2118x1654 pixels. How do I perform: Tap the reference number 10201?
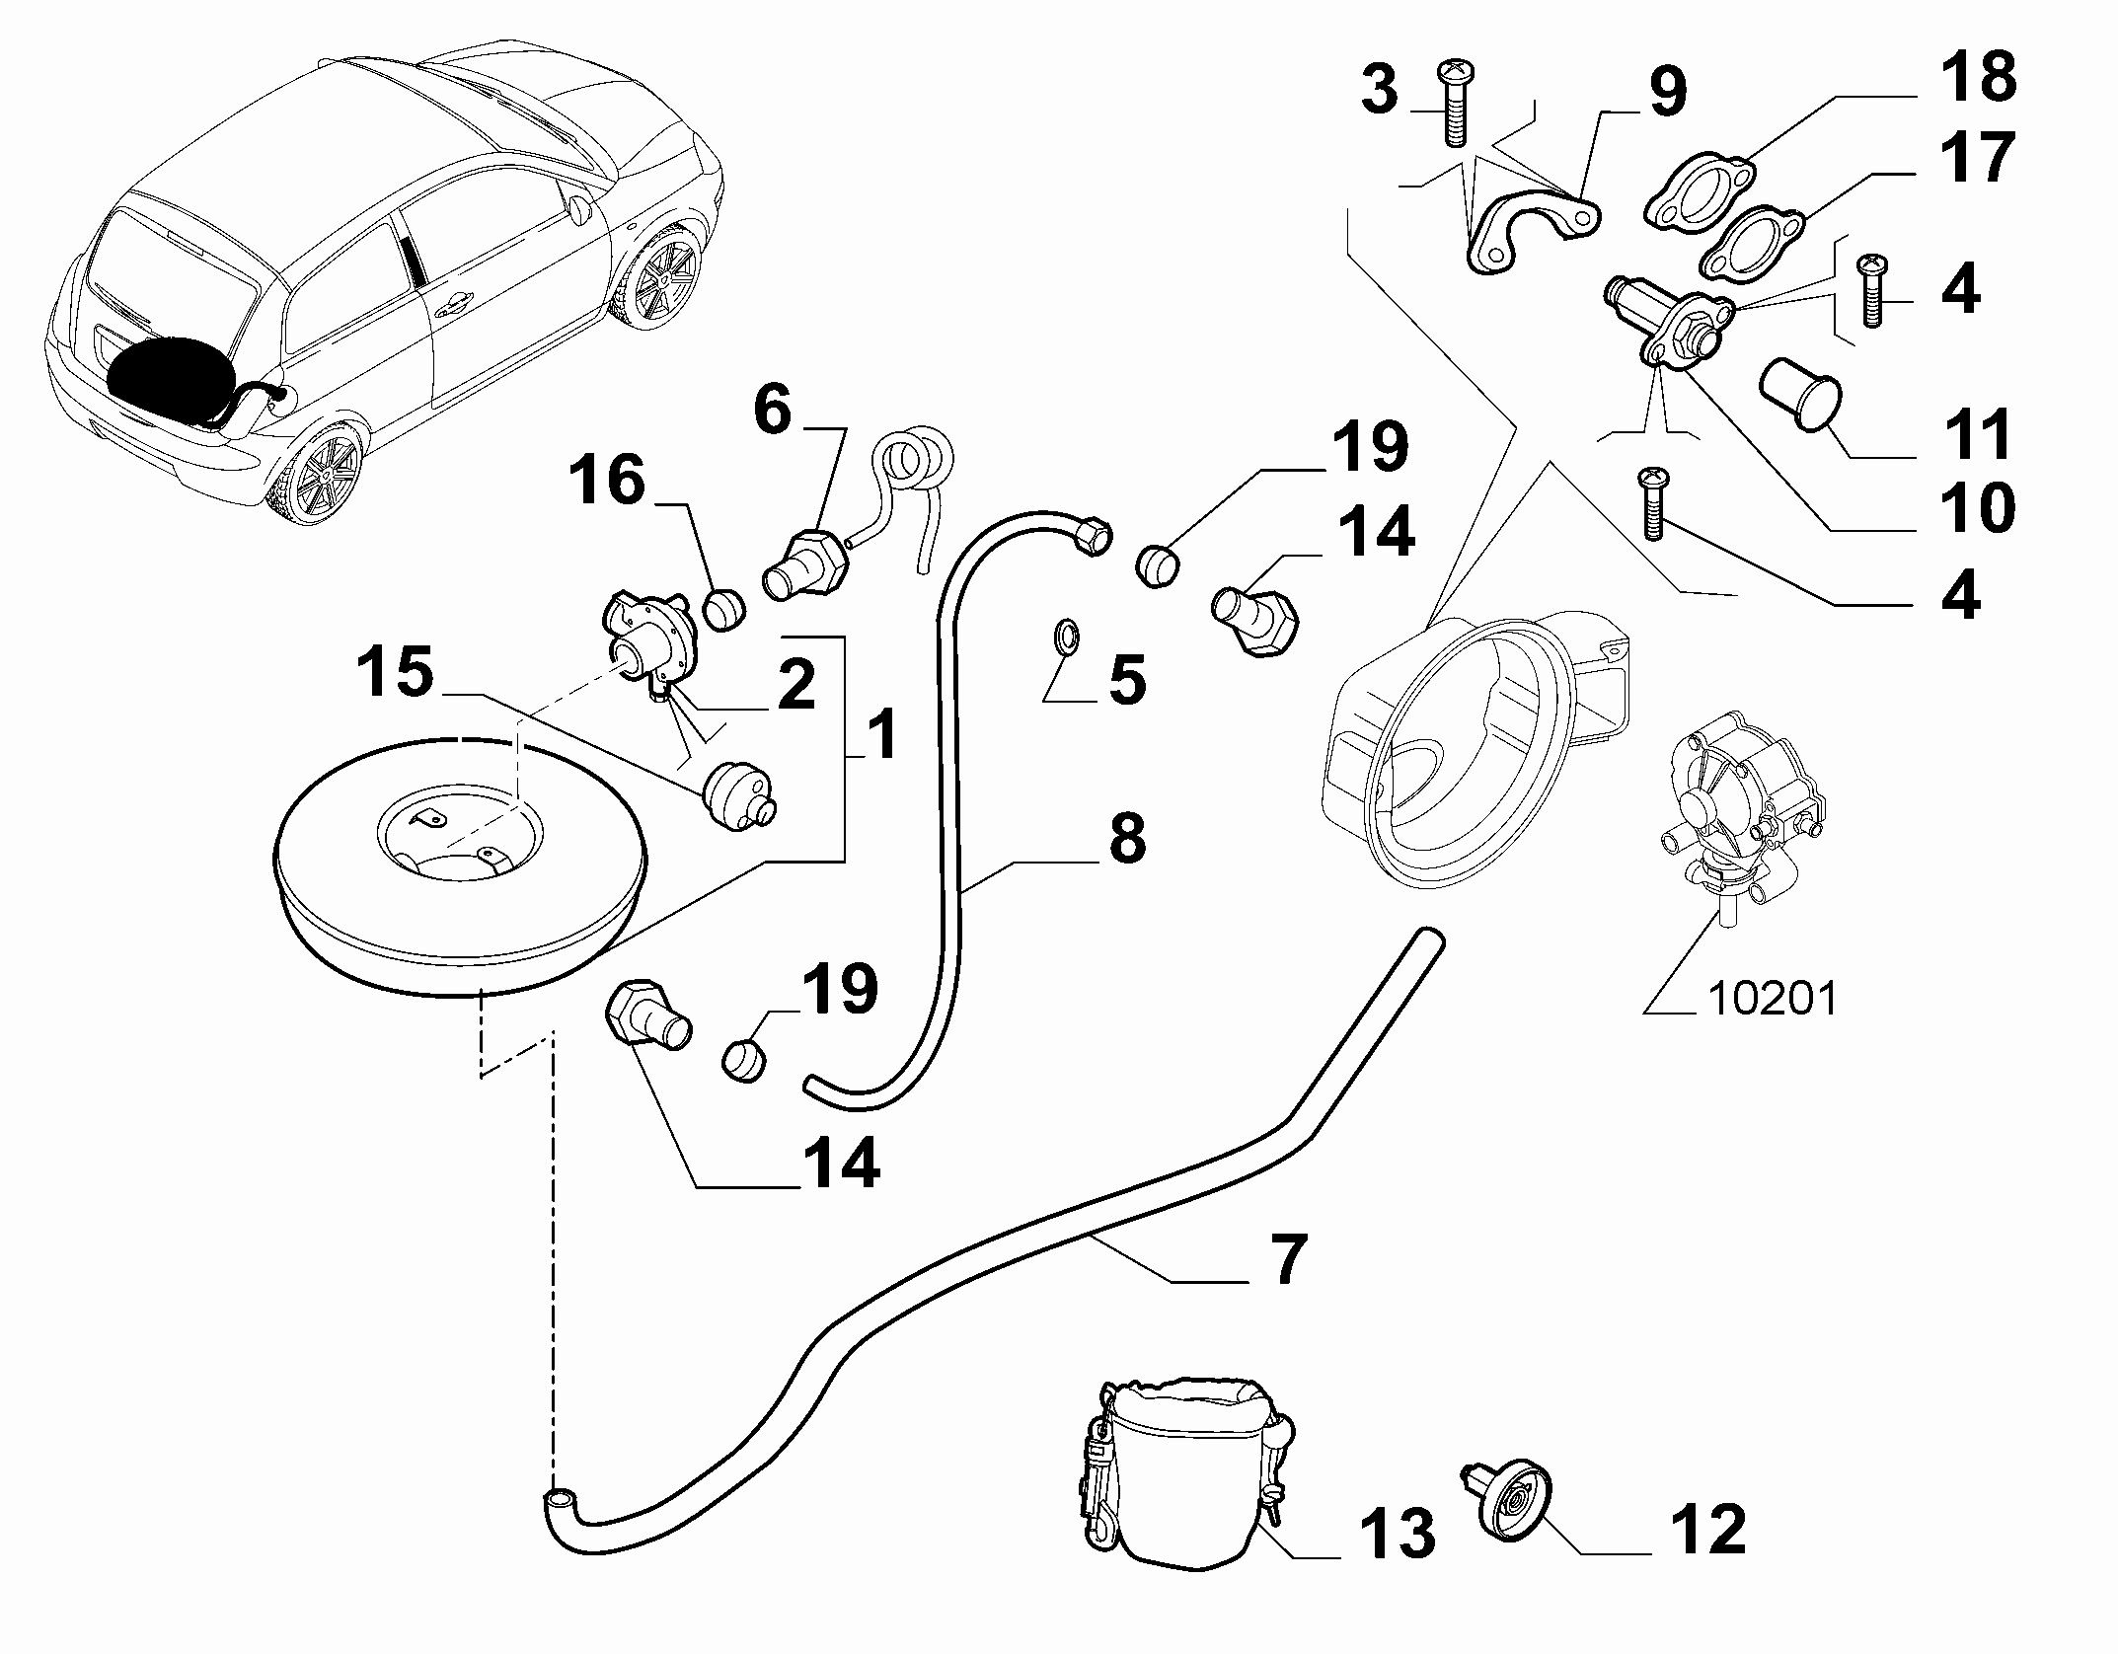[x=1771, y=998]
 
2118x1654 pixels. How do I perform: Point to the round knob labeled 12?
[x=1505, y=1526]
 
